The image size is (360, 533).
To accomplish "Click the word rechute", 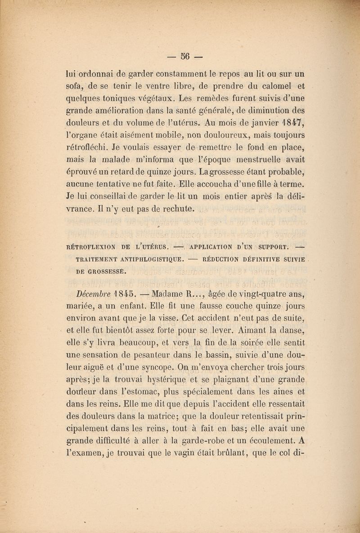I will [177, 208].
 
